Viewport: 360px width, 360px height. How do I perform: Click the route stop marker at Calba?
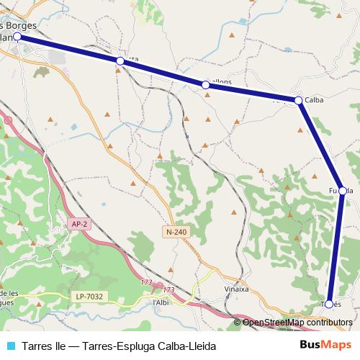click(298, 100)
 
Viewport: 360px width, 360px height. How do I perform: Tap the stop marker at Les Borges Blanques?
click(17, 35)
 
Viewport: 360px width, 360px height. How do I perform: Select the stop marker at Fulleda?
click(343, 191)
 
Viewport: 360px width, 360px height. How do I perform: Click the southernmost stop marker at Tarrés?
click(329, 304)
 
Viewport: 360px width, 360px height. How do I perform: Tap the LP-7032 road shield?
click(89, 297)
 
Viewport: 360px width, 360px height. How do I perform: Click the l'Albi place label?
click(161, 302)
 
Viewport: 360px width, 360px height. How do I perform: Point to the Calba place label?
click(314, 100)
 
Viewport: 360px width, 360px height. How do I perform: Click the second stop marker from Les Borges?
click(120, 62)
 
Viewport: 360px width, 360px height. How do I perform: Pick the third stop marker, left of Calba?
click(206, 85)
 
